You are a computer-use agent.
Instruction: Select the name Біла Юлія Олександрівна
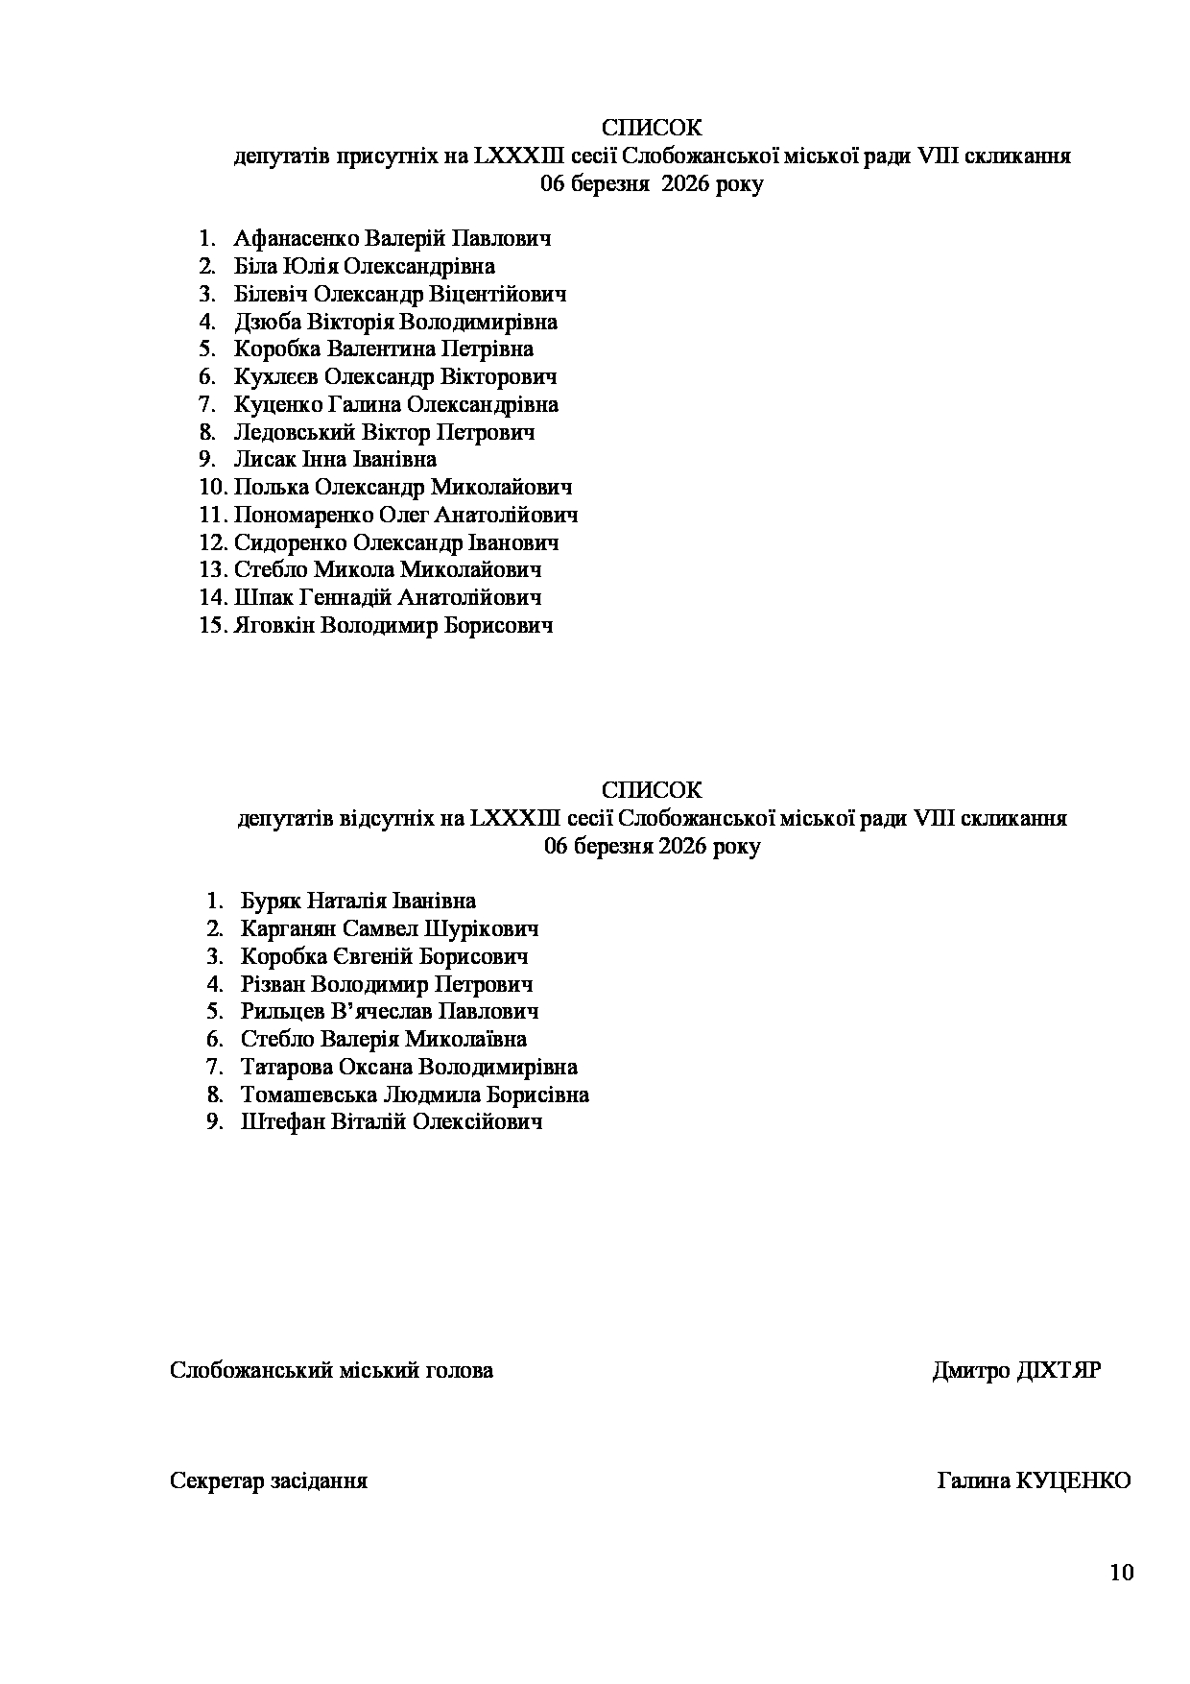point(365,266)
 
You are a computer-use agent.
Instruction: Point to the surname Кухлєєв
point(276,376)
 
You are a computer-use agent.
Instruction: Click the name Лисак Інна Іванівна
point(335,459)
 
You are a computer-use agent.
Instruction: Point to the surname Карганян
point(288,929)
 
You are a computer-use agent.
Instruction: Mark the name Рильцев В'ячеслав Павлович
point(390,1012)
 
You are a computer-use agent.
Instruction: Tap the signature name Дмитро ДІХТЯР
point(1016,1371)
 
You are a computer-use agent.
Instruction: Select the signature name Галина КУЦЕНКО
point(1034,1481)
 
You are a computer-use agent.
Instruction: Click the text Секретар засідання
point(269,1481)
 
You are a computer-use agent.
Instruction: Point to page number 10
point(1121,1573)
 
